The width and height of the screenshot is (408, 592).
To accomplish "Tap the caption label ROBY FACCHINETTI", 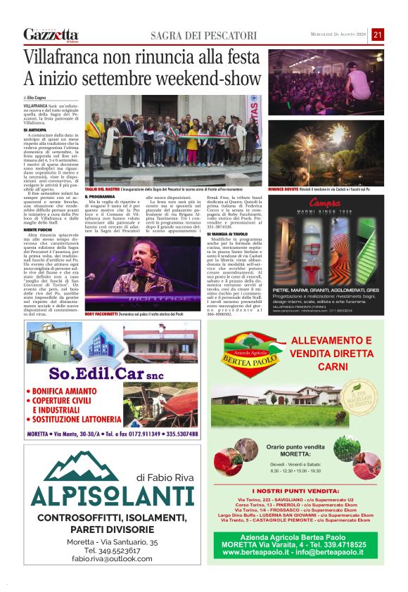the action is pos(101,312).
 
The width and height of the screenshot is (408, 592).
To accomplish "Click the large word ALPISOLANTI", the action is pos(103,496).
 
